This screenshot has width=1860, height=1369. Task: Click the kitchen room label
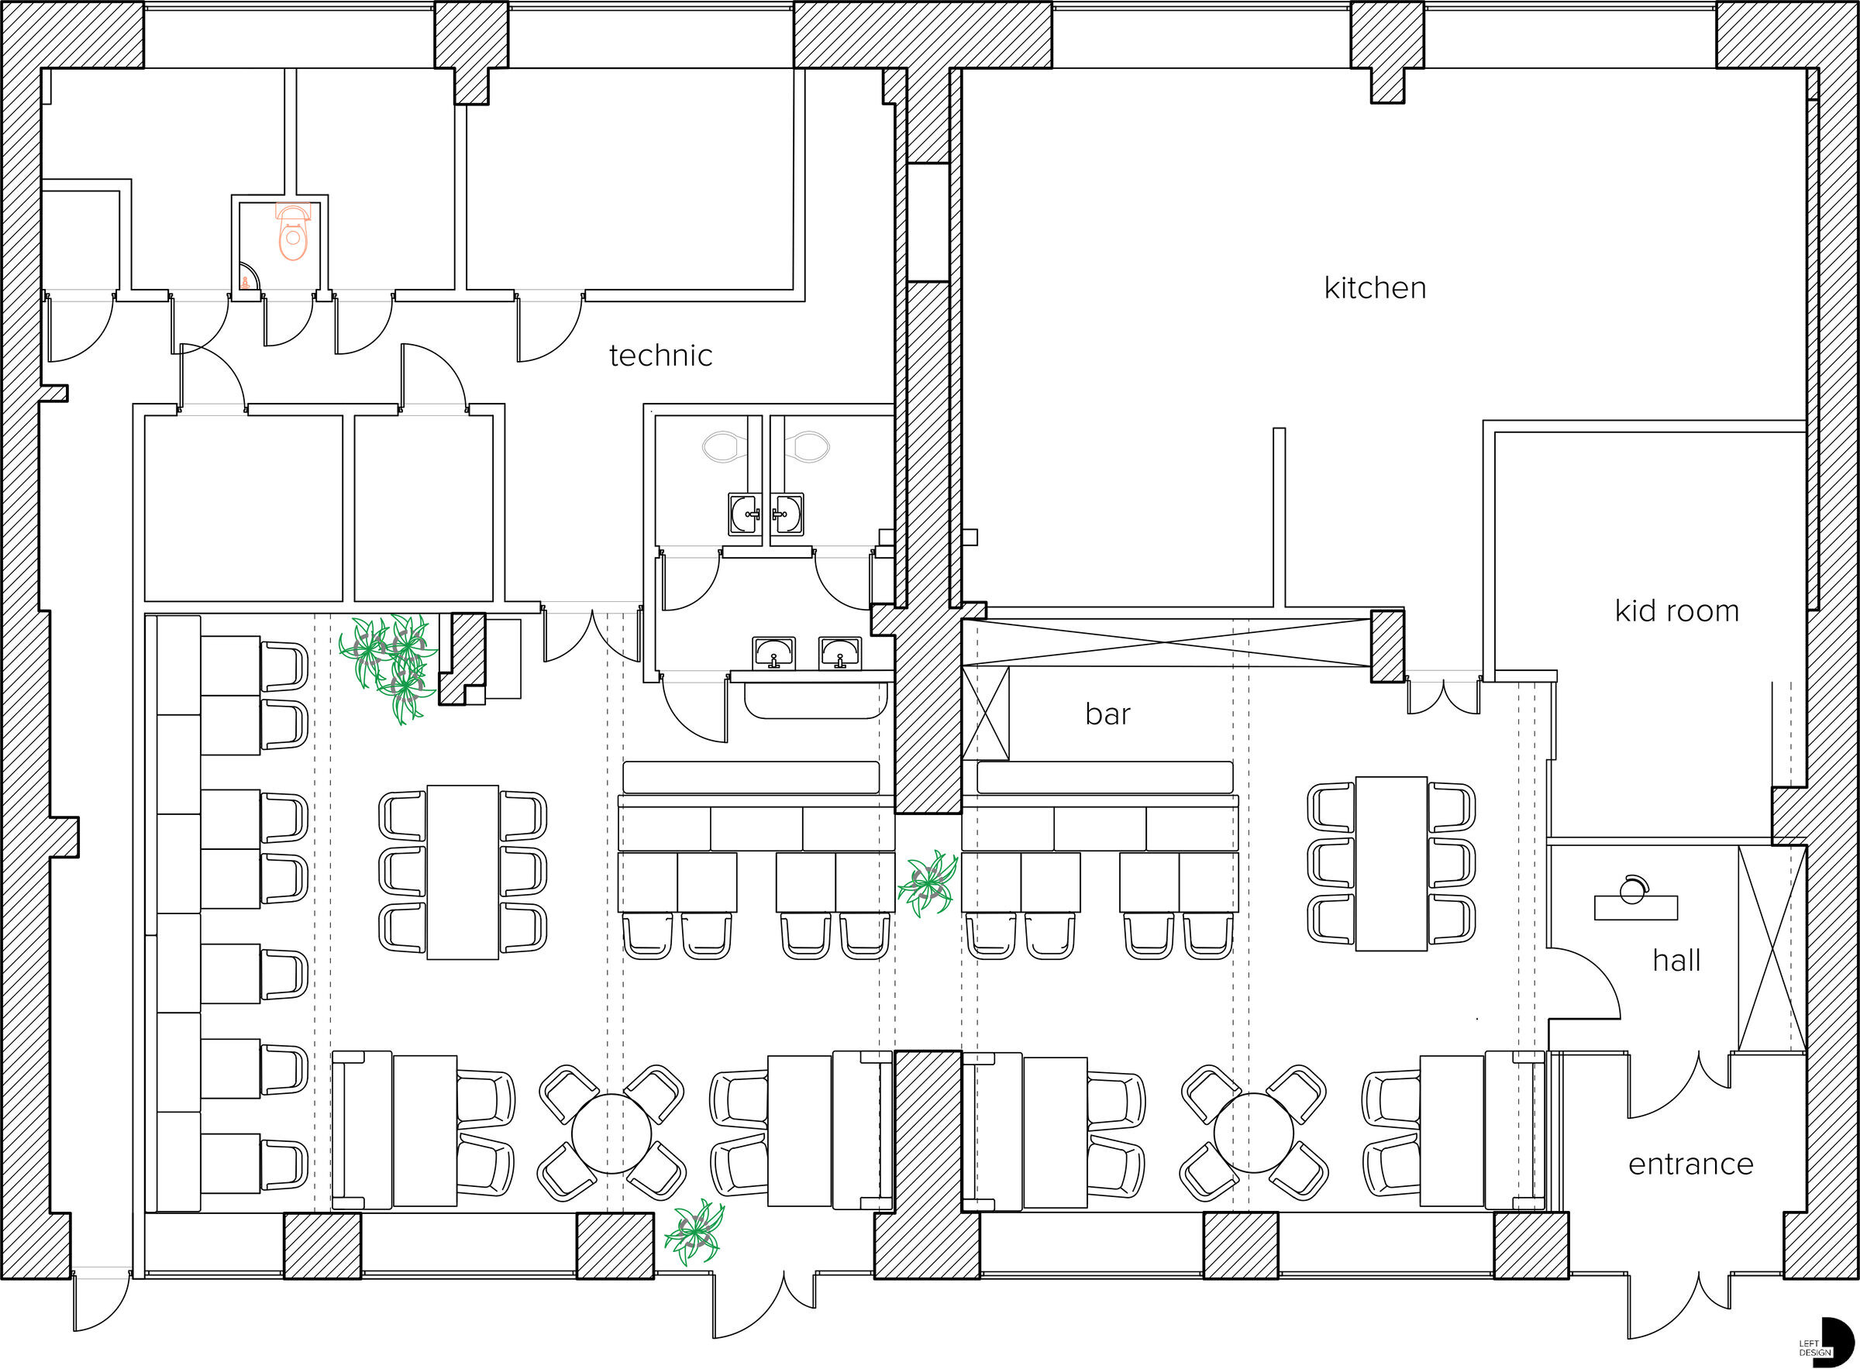coord(1374,288)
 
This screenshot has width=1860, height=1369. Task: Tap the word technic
coord(660,356)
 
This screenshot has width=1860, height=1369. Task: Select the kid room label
coord(1676,611)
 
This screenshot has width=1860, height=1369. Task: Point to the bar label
coord(1107,714)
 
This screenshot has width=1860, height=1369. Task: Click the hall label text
coord(1676,961)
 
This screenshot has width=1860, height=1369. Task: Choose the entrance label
coord(1690,1164)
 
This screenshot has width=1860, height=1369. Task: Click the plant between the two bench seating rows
coord(928,883)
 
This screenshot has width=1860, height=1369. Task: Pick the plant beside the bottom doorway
coord(694,1233)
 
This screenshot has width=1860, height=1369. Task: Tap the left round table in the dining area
coord(611,1133)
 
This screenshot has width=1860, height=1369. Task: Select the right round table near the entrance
coord(1253,1132)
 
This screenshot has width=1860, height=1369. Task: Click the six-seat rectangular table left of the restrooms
coord(463,872)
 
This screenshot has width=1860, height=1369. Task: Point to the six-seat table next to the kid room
coord(1391,862)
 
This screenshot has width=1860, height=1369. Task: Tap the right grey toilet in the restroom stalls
coord(807,447)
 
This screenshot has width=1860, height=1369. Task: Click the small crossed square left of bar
coord(986,714)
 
